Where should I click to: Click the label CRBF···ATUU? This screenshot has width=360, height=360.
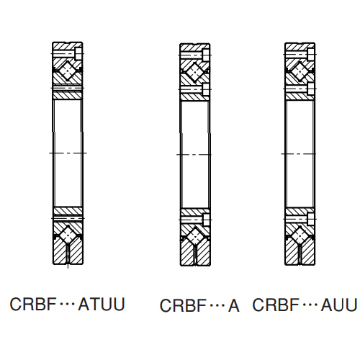click(68, 305)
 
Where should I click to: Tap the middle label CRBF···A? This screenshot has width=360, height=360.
click(199, 305)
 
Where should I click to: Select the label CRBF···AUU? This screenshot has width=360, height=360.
click(305, 305)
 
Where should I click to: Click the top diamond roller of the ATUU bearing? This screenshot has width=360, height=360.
click(68, 71)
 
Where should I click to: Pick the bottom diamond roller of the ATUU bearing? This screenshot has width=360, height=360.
click(68, 235)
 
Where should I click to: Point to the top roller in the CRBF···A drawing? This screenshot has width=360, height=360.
click(195, 72)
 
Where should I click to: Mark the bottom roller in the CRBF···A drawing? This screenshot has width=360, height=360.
click(195, 237)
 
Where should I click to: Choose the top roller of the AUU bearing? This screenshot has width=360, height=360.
click(300, 71)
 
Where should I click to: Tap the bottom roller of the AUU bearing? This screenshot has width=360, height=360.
click(300, 236)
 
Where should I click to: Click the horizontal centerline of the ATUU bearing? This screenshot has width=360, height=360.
click(68, 153)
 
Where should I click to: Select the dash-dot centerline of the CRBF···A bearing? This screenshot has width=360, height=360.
click(194, 155)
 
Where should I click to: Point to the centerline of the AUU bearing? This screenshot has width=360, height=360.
click(299, 154)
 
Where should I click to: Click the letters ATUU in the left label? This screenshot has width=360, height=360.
click(102, 305)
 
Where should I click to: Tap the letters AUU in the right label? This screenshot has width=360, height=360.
click(339, 305)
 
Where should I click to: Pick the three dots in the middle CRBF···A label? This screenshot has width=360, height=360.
click(217, 306)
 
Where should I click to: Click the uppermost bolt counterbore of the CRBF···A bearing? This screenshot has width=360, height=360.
click(206, 55)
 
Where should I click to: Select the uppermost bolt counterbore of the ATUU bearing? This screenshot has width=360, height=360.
click(78, 53)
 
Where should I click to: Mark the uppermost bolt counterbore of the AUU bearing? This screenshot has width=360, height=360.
click(311, 54)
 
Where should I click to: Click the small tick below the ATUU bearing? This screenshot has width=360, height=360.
click(68, 266)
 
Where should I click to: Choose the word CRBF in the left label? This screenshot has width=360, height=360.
click(33, 305)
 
